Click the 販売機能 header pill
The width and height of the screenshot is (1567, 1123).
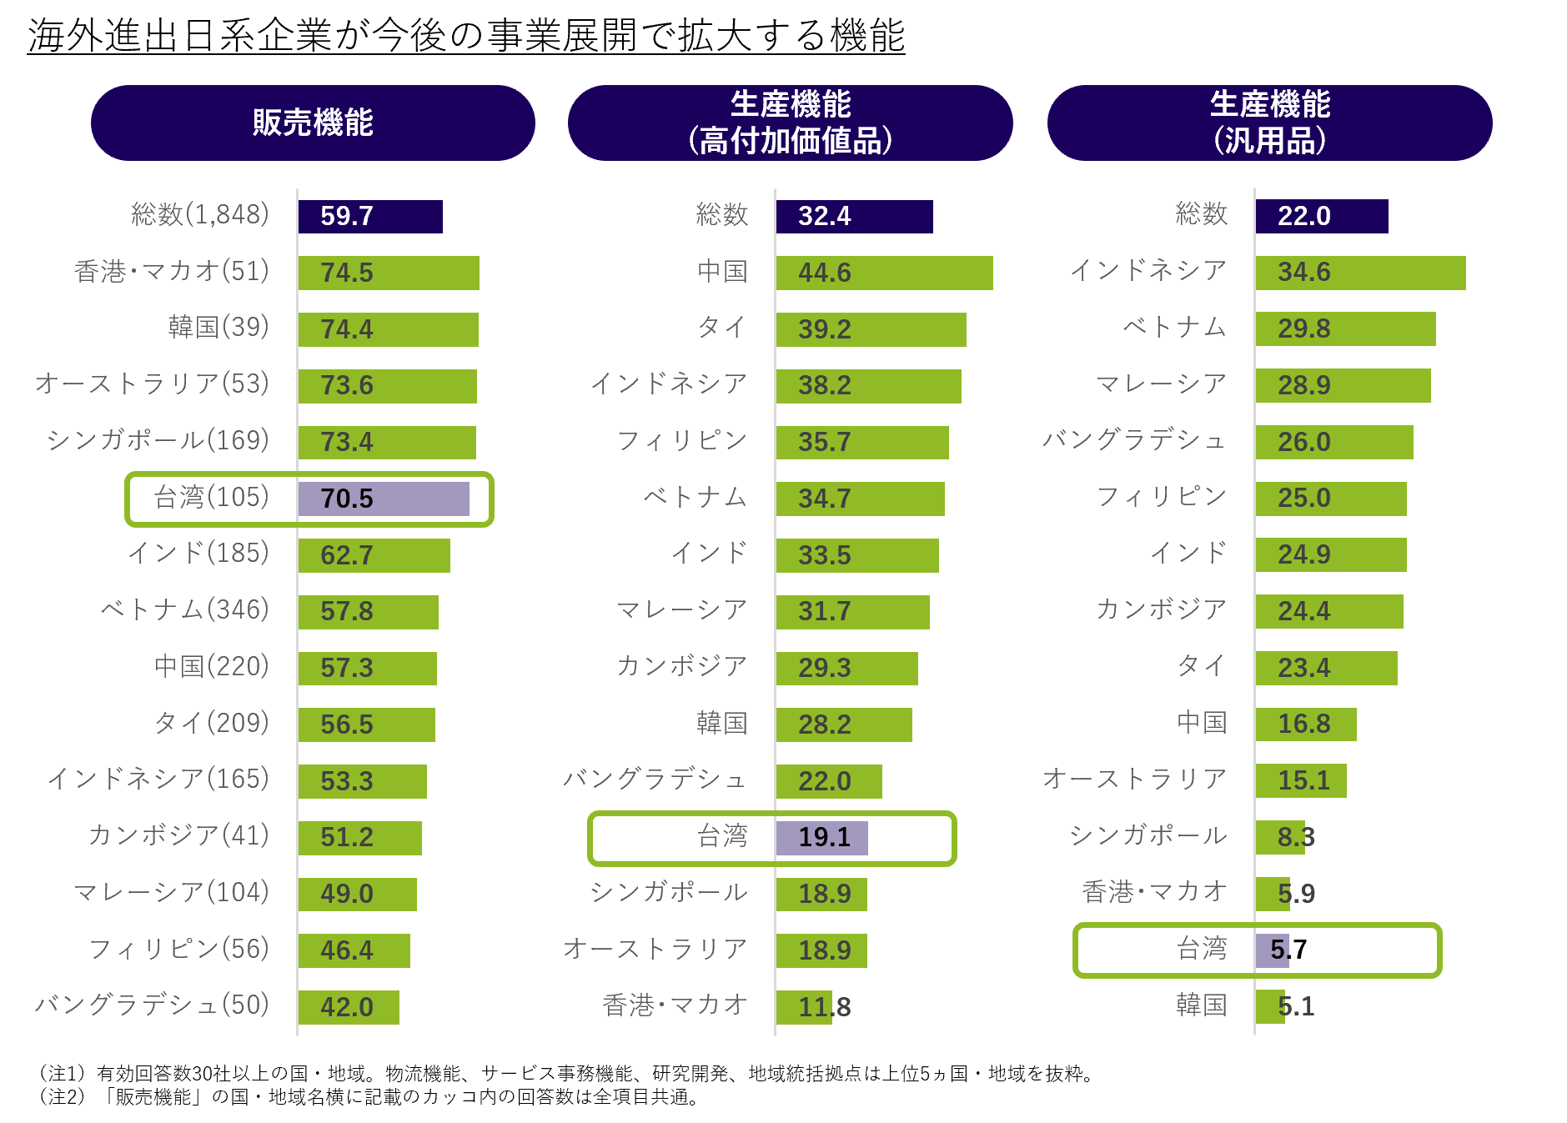click(x=313, y=123)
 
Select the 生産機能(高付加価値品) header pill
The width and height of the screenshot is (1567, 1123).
click(x=790, y=123)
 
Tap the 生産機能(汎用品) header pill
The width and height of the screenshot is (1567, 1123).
click(x=1269, y=123)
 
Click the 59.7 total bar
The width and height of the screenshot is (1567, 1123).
click(x=370, y=217)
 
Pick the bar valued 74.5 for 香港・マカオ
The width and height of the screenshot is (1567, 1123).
click(x=389, y=273)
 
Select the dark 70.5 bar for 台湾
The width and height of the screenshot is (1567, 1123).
click(x=384, y=499)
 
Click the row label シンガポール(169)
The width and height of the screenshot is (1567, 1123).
click(x=158, y=440)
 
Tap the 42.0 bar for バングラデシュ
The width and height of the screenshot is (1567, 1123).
click(x=349, y=1007)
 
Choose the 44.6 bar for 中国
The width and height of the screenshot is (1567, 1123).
click(x=884, y=273)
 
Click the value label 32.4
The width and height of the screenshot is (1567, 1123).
click(x=824, y=217)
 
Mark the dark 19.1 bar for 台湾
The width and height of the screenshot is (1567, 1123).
click(x=822, y=838)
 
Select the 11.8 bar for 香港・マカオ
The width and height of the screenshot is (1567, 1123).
click(x=804, y=1007)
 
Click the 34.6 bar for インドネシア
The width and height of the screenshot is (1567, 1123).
click(x=1360, y=273)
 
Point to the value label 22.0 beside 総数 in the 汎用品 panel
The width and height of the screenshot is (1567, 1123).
click(x=1303, y=217)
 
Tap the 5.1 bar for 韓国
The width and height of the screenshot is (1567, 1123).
click(x=1270, y=1007)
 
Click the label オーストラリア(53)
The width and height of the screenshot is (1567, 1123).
click(x=152, y=384)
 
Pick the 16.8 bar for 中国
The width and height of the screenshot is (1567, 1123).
click(x=1306, y=724)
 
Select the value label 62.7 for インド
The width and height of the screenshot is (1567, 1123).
click(x=346, y=555)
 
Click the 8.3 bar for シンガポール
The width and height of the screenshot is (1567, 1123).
click(x=1280, y=838)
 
